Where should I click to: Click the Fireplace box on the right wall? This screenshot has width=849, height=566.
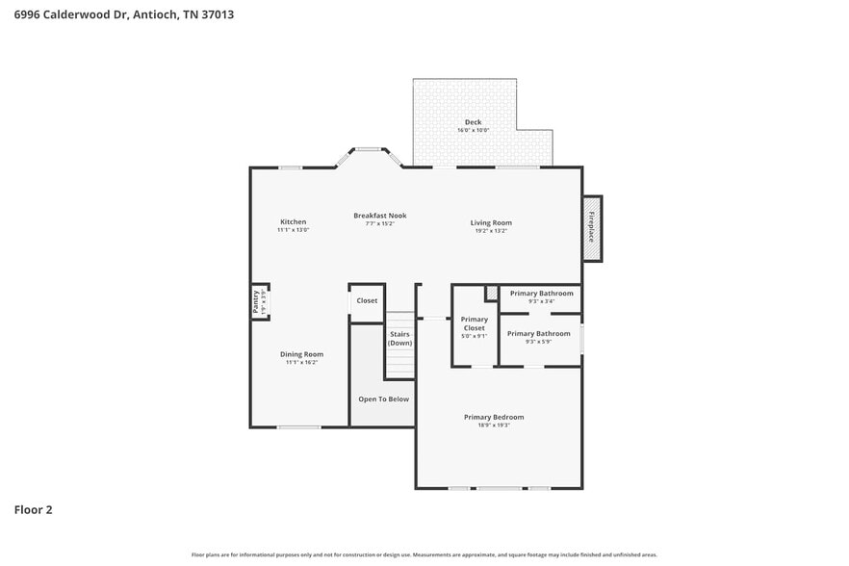592,228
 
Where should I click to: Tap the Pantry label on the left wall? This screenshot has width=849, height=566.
257,302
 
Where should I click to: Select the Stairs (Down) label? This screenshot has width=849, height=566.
400,339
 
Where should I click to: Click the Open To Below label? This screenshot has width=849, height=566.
383,399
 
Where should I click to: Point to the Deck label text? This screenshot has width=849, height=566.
473,122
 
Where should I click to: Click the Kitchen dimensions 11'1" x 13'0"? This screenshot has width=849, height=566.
293,230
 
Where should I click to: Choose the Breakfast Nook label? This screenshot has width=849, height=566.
379,216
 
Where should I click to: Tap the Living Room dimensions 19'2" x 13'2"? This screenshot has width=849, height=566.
491,230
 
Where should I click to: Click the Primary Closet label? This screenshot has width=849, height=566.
475,323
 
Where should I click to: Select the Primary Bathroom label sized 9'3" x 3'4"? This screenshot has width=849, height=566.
541,294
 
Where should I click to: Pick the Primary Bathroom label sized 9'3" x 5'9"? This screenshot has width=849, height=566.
539,334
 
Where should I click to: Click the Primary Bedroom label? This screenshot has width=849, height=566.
494,417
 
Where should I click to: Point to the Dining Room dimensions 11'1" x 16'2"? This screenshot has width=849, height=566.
301,363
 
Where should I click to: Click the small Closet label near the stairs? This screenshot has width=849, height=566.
367,300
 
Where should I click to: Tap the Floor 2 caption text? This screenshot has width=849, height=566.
33,509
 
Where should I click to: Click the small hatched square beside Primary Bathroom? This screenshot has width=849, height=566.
491,293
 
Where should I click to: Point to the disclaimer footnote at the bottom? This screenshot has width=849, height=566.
424,554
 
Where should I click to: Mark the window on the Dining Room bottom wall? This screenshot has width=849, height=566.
299,426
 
